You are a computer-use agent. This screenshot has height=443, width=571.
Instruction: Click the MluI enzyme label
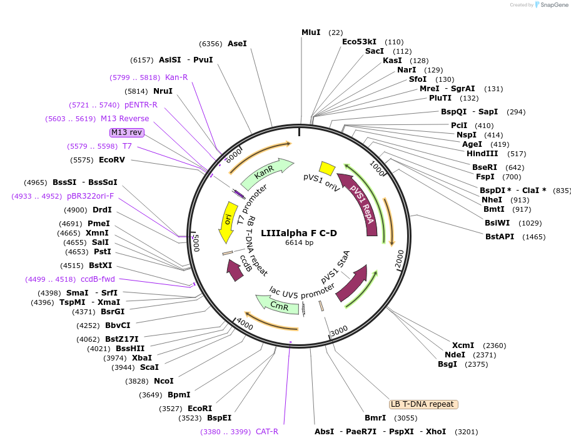click(311, 32)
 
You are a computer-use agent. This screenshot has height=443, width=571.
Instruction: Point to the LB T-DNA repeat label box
click(423, 404)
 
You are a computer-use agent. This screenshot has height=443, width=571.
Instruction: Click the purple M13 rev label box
click(127, 132)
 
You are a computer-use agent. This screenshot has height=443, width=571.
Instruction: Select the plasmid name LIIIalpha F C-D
click(299, 233)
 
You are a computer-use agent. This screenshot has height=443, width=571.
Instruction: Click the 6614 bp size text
click(299, 242)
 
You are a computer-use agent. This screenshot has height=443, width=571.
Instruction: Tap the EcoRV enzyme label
click(112, 160)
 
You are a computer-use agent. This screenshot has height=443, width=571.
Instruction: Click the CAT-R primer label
click(267, 432)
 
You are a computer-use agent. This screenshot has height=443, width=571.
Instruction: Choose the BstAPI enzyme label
click(500, 237)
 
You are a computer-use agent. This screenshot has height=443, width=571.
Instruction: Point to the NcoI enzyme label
click(163, 381)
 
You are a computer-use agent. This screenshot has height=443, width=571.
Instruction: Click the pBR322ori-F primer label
click(91, 196)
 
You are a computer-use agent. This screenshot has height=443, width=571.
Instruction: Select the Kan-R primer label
click(176, 77)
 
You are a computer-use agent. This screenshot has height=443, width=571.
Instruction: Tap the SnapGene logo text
click(553, 4)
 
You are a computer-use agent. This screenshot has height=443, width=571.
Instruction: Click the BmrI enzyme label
click(375, 418)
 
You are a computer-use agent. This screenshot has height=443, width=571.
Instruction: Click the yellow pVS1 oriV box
click(326, 168)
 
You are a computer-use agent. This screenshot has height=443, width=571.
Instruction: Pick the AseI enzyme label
click(237, 44)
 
